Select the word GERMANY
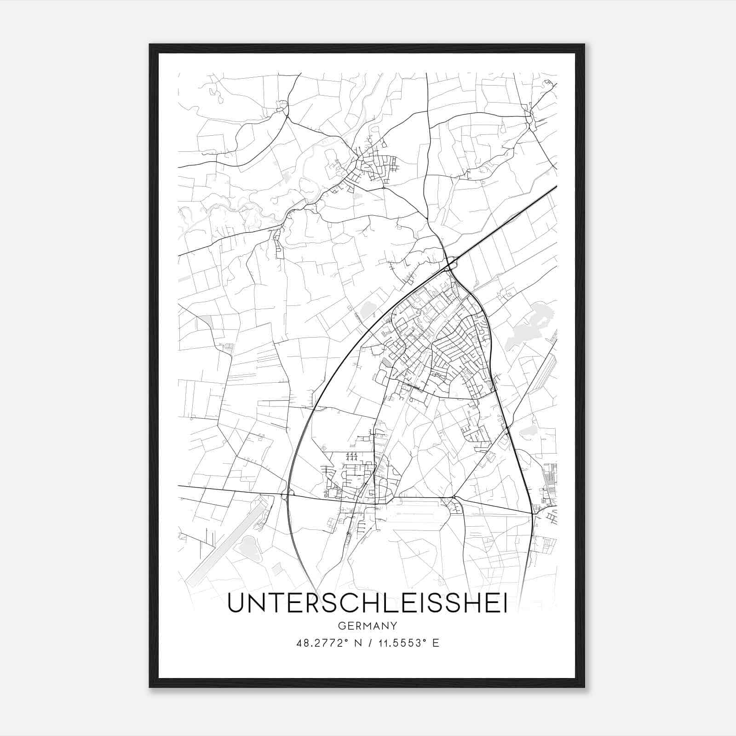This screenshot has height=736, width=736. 367,626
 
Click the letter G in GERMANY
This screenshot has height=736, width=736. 340,626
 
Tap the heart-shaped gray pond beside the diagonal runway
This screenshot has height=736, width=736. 248,545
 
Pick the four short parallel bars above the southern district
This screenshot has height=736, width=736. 351,456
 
